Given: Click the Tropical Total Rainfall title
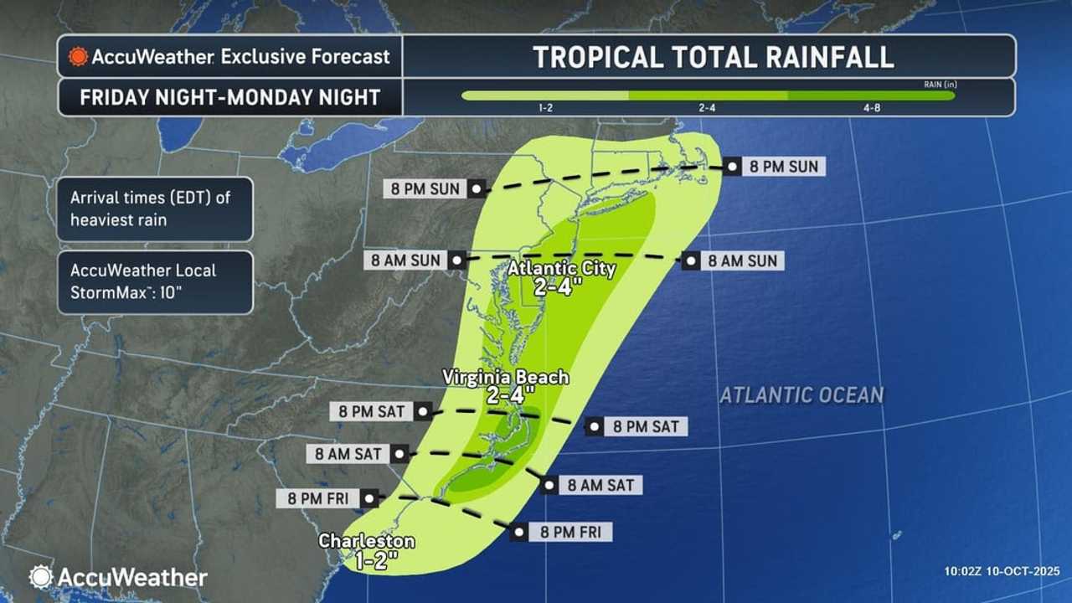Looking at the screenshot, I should click(x=713, y=57).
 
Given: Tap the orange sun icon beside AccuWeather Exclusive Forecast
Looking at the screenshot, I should click(x=78, y=57).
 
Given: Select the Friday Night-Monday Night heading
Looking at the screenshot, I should click(x=229, y=97).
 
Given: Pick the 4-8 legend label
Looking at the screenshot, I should click(x=871, y=109).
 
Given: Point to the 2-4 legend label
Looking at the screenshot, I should click(x=707, y=109).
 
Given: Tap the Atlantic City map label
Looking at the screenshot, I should click(x=563, y=270).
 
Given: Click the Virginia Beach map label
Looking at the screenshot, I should click(x=507, y=378).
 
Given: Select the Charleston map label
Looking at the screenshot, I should click(x=366, y=542).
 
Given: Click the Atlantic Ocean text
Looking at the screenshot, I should click(x=801, y=394).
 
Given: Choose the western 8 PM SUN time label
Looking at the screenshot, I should click(x=426, y=188).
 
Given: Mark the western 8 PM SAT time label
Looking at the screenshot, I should click(x=372, y=411).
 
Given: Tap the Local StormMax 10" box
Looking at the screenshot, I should click(x=155, y=282).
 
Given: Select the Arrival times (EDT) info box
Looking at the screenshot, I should click(x=155, y=209).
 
